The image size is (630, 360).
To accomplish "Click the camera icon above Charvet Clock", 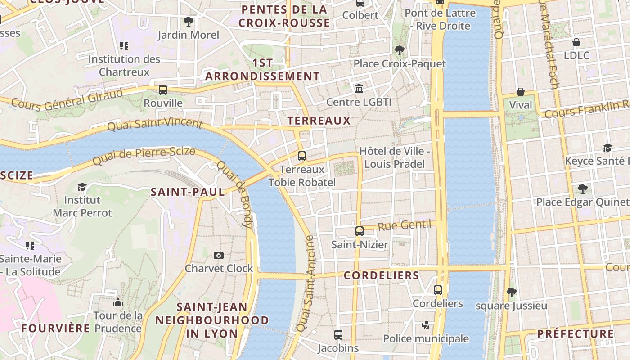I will pyautogui.click(x=219, y=255).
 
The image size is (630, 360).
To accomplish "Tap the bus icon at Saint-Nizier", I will pyautogui.click(x=359, y=231).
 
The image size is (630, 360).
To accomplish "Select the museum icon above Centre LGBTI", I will pyautogui.click(x=359, y=88).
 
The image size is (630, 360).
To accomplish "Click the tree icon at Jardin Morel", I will pyautogui.click(x=189, y=21).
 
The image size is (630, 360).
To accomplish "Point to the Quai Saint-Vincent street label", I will pyautogui.click(x=155, y=124).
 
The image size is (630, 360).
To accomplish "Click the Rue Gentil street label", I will pyautogui.click(x=404, y=225).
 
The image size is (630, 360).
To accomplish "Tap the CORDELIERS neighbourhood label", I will pyautogui.click(x=382, y=275).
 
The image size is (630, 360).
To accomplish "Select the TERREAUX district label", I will pyautogui.click(x=319, y=121).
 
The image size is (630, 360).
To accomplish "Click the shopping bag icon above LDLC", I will pyautogui.click(x=576, y=42).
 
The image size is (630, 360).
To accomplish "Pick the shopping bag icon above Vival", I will pyautogui.click(x=521, y=92).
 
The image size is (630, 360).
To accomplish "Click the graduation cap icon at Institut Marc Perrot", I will pyautogui.click(x=82, y=187).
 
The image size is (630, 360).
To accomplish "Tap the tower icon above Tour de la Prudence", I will pyautogui.click(x=118, y=302).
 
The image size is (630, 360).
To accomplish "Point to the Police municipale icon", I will pyautogui.click(x=425, y=325).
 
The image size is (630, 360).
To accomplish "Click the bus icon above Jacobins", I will pyautogui.click(x=338, y=335).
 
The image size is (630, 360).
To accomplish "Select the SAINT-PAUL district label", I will pyautogui.click(x=188, y=192).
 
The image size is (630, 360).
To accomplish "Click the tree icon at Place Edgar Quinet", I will pyautogui.click(x=583, y=189).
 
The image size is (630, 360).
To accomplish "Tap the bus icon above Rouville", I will pyautogui.click(x=163, y=90).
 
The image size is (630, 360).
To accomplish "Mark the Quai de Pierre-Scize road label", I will pyautogui.click(x=144, y=155).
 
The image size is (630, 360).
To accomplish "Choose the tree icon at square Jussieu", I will pyautogui.click(x=511, y=292).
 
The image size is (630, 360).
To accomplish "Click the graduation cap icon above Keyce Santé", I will pyautogui.click(x=607, y=148).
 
